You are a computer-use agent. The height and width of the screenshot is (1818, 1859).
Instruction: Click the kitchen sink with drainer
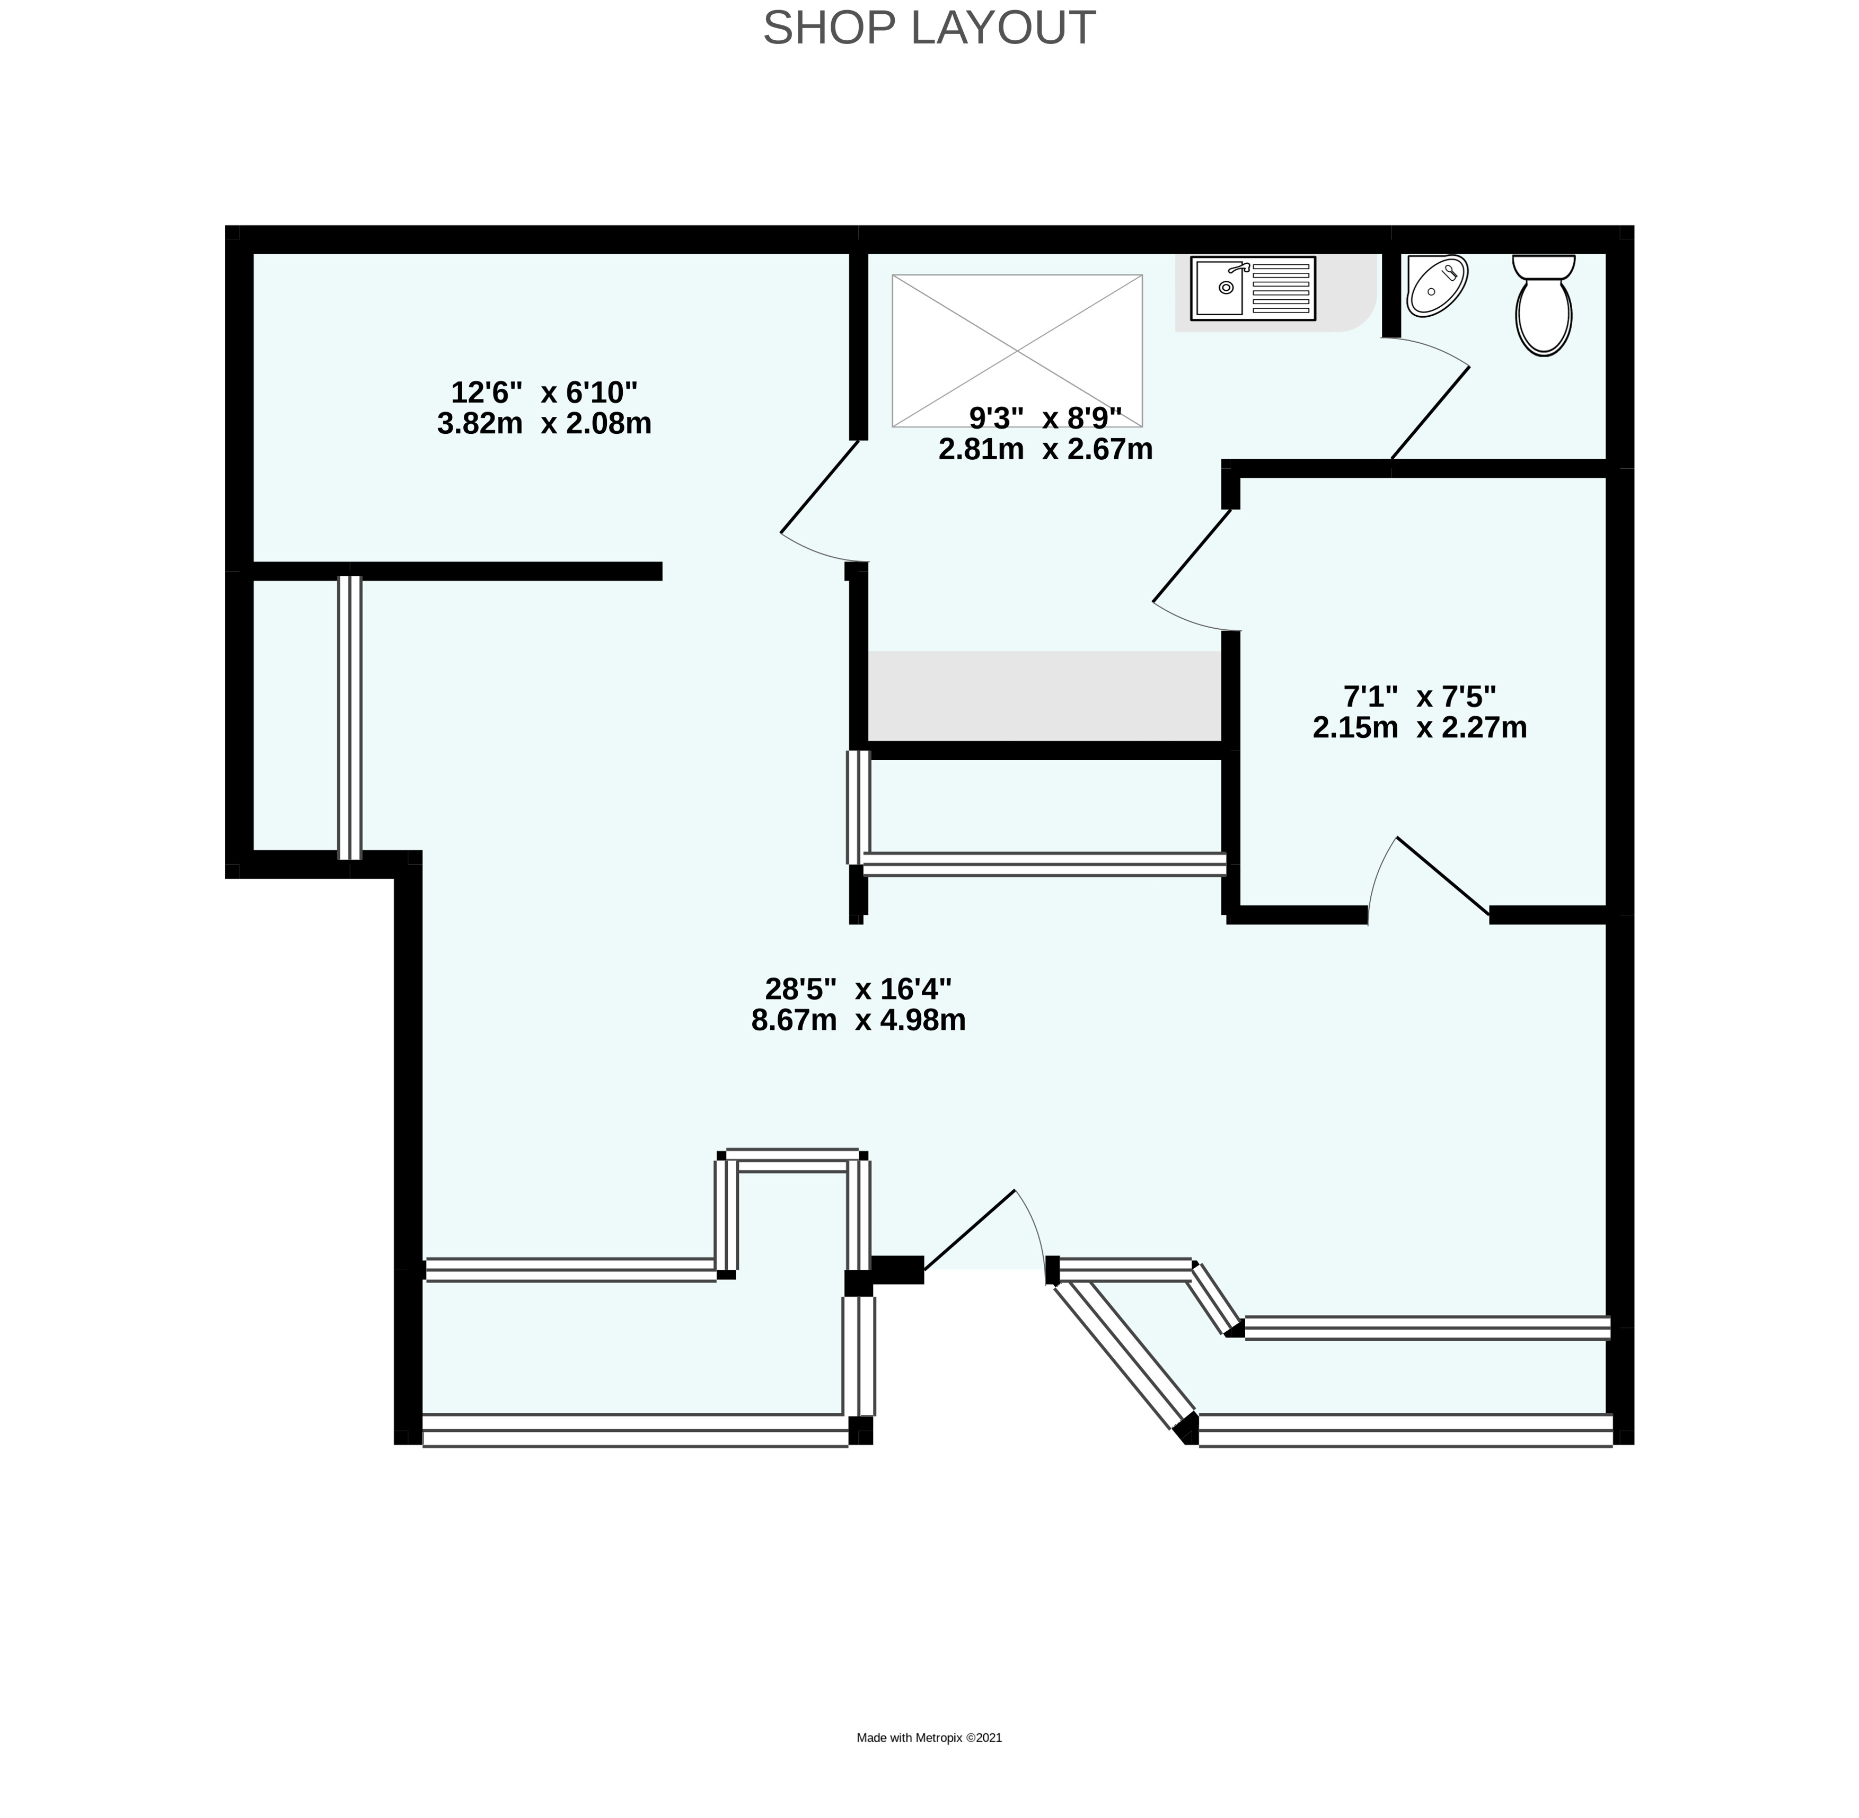pyautogui.click(x=1253, y=288)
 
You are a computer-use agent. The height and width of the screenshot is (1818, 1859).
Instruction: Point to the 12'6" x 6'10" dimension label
pyautogui.click(x=543, y=393)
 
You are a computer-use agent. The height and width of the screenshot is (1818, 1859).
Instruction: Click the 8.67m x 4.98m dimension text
pyautogui.click(x=858, y=1021)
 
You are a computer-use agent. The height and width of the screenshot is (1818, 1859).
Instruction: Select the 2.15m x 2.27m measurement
pyautogui.click(x=1420, y=728)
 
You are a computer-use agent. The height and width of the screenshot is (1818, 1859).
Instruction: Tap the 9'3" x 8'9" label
pyautogui.click(x=1045, y=418)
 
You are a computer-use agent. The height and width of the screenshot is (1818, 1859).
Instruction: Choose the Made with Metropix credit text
pyautogui.click(x=929, y=1738)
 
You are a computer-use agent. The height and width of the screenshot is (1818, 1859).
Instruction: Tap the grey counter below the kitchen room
pyautogui.click(x=1045, y=696)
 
